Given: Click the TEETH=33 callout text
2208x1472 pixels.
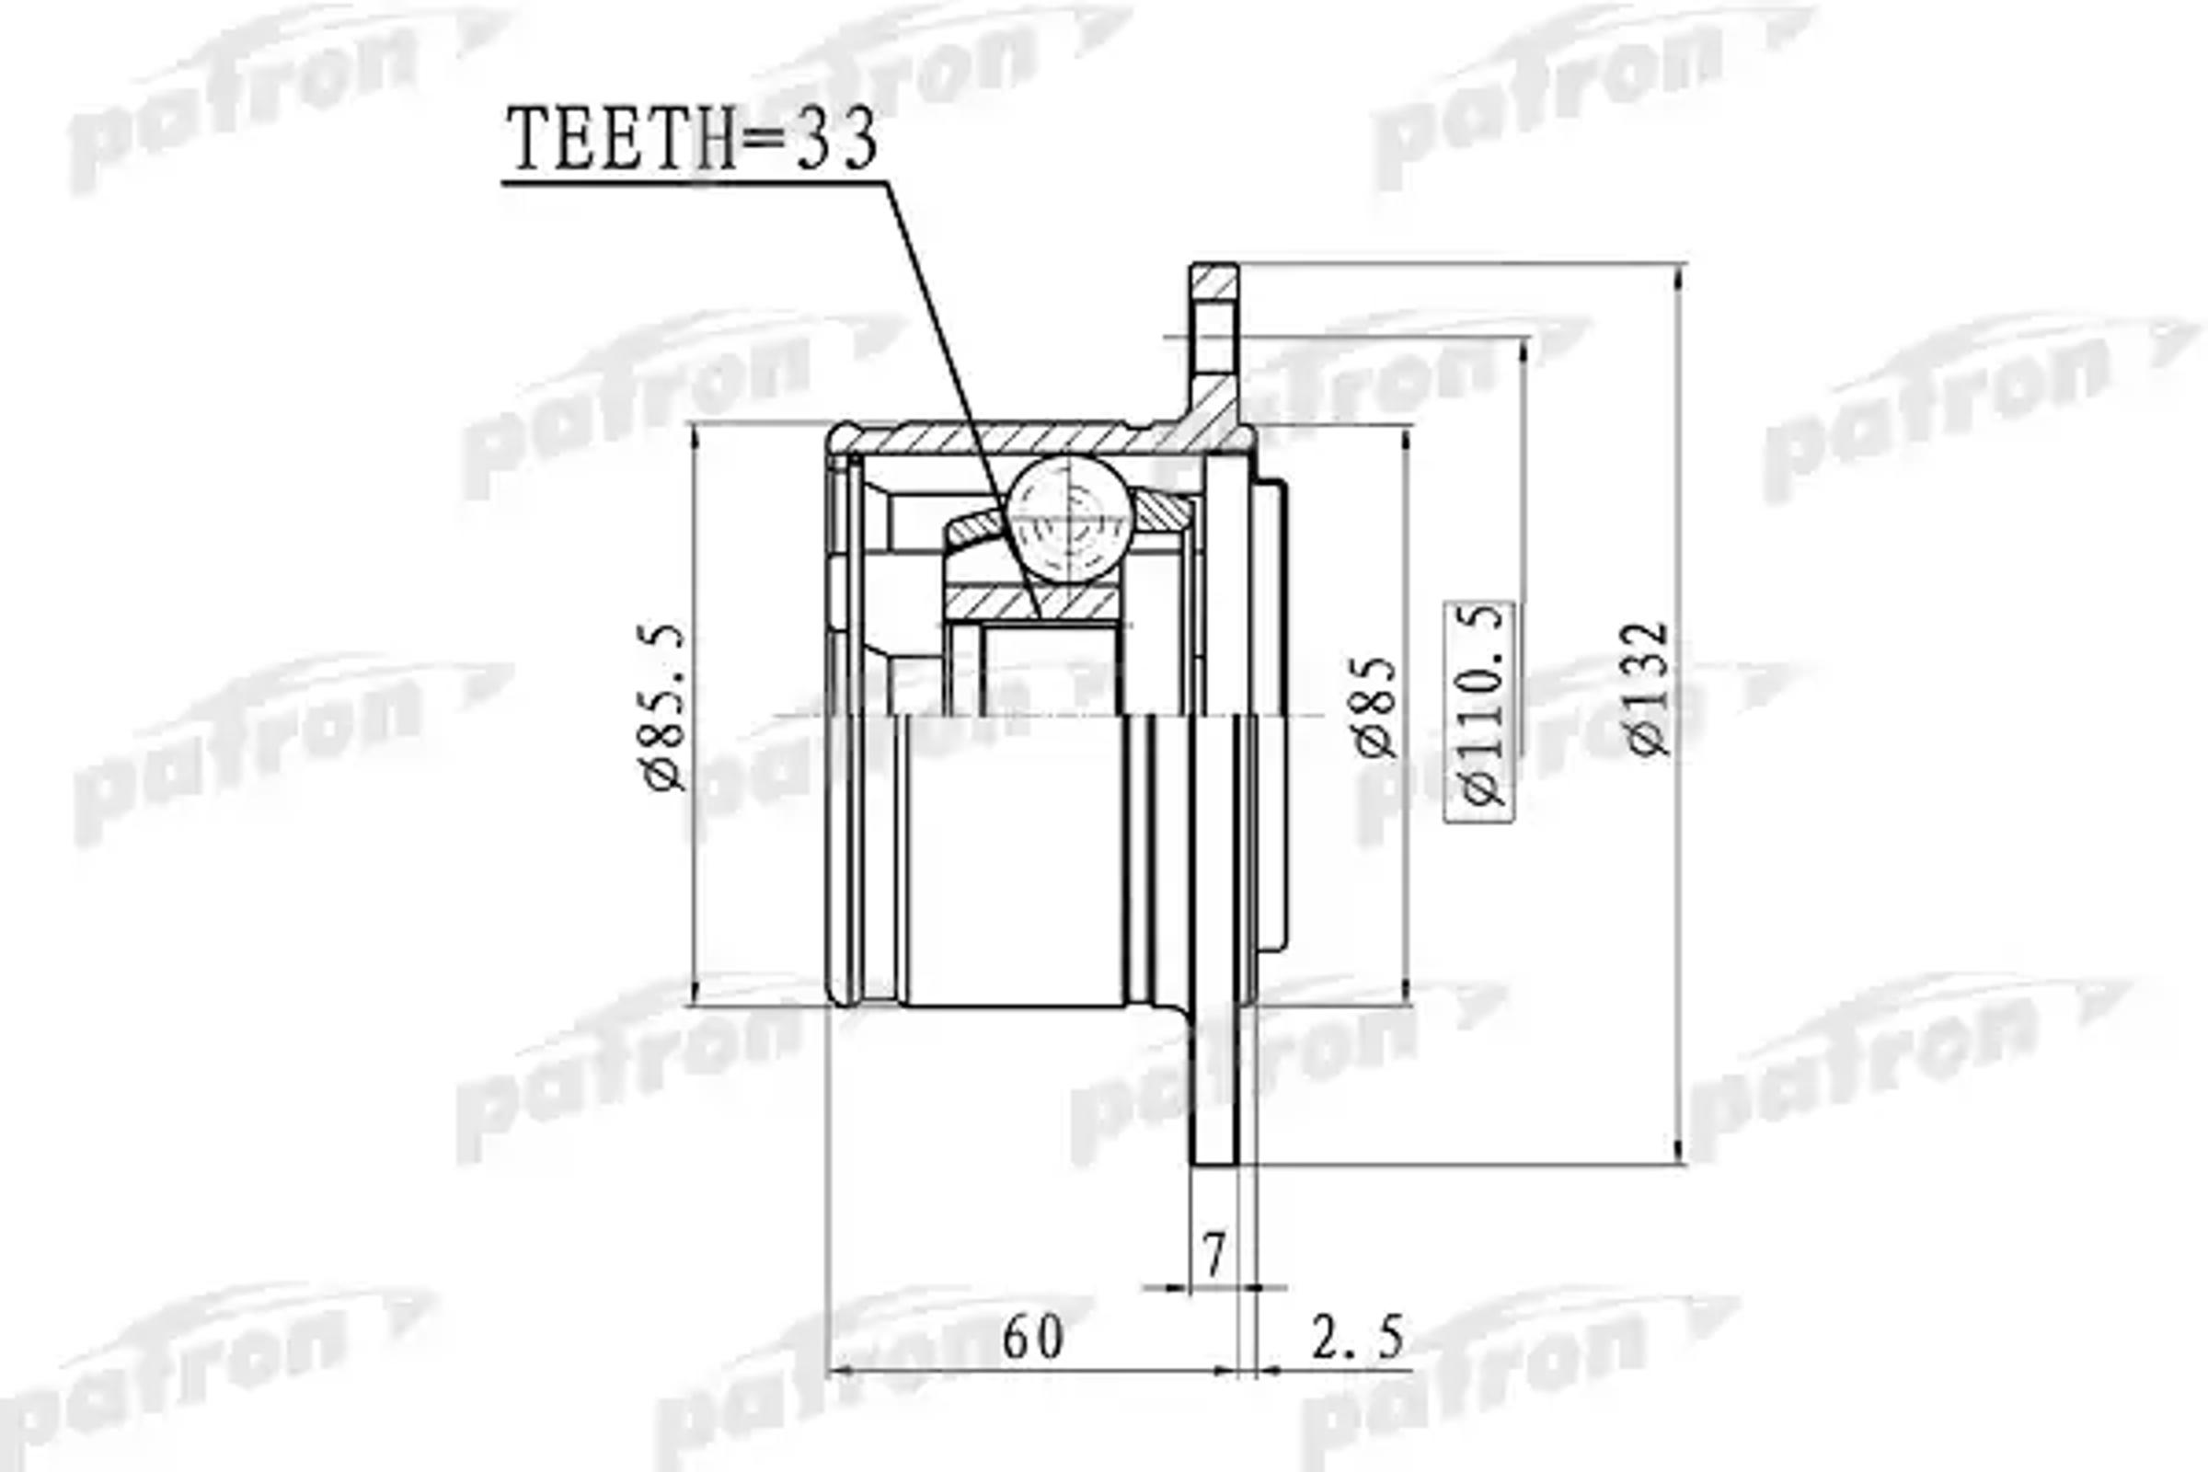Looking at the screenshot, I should (692, 140).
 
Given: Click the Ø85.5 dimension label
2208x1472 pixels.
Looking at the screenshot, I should (665, 708).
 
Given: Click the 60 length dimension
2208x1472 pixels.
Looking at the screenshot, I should (1032, 1338).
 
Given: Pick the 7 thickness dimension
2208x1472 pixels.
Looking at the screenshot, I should (1213, 1255).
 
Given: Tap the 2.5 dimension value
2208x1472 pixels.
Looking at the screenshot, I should (1358, 1338).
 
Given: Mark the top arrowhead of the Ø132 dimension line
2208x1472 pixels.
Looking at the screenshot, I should (1681, 274).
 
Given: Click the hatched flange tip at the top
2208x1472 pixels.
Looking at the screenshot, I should (1214, 282).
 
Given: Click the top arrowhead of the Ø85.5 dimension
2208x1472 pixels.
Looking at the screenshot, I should (696, 433).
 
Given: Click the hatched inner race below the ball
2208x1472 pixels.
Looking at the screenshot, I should (1032, 602).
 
